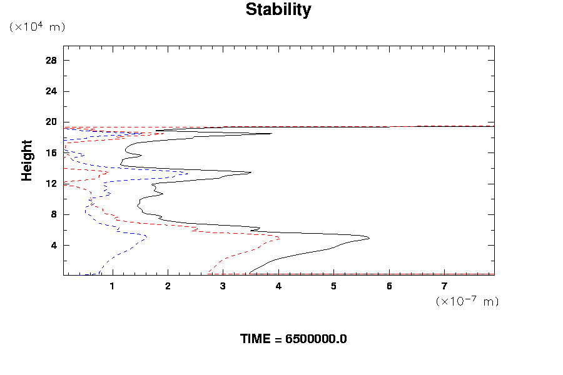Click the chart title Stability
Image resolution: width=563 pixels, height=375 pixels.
point(278,10)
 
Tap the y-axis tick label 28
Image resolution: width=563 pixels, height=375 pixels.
point(51,61)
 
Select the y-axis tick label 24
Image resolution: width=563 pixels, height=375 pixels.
point(51,91)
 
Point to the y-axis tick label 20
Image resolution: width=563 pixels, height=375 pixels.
point(51,122)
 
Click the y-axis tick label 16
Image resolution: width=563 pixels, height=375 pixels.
point(51,152)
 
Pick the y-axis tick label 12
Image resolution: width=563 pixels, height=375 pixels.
point(51,184)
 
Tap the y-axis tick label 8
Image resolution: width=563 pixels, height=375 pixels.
point(54,214)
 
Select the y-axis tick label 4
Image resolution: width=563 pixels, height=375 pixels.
point(54,245)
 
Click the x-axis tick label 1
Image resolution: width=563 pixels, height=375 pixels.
point(113,287)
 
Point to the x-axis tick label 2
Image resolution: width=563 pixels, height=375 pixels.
point(168,287)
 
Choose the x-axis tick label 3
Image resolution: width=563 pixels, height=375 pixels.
point(223,287)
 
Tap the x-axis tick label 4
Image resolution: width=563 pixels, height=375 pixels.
point(278,287)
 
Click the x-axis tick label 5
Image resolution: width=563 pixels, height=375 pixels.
point(333,287)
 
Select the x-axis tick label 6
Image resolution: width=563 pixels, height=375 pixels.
point(389,287)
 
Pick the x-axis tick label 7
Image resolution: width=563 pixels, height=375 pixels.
point(444,287)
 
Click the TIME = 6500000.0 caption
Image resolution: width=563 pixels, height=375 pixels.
point(293,339)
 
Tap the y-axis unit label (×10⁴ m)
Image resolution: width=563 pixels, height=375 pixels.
point(37,27)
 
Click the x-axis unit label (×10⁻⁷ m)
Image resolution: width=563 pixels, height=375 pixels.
point(467,301)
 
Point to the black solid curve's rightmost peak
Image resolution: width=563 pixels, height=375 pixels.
point(369,238)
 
